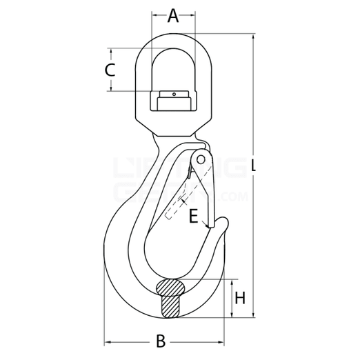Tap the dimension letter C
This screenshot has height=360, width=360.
tap(110, 70)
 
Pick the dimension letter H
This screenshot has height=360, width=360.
tap(239, 298)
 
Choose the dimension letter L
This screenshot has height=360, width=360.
tap(257, 166)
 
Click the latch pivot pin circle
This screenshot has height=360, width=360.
tap(201, 159)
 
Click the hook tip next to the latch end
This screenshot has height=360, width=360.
tap(223, 222)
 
